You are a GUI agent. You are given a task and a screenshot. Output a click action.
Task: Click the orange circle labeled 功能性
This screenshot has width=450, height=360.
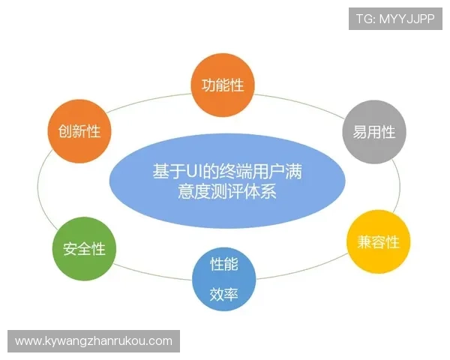[x=223, y=85]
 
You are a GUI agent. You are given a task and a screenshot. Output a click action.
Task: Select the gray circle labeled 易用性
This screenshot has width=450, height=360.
[x=374, y=132]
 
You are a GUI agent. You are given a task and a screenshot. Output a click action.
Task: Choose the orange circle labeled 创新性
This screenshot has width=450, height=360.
[x=79, y=131]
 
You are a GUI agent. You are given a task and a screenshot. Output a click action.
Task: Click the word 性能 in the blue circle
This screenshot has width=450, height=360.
[x=223, y=265]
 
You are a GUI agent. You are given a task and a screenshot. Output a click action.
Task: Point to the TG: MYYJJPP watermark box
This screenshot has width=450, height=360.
[x=395, y=18]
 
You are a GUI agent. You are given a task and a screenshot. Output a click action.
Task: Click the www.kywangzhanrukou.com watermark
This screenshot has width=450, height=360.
[x=94, y=341]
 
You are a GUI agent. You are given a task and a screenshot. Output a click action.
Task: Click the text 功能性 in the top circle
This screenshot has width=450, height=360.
[x=223, y=85]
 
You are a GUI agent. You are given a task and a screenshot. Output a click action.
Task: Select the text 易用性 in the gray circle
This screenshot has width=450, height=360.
[x=374, y=132]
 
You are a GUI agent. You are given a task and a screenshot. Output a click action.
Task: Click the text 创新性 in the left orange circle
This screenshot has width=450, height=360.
[x=79, y=131]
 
